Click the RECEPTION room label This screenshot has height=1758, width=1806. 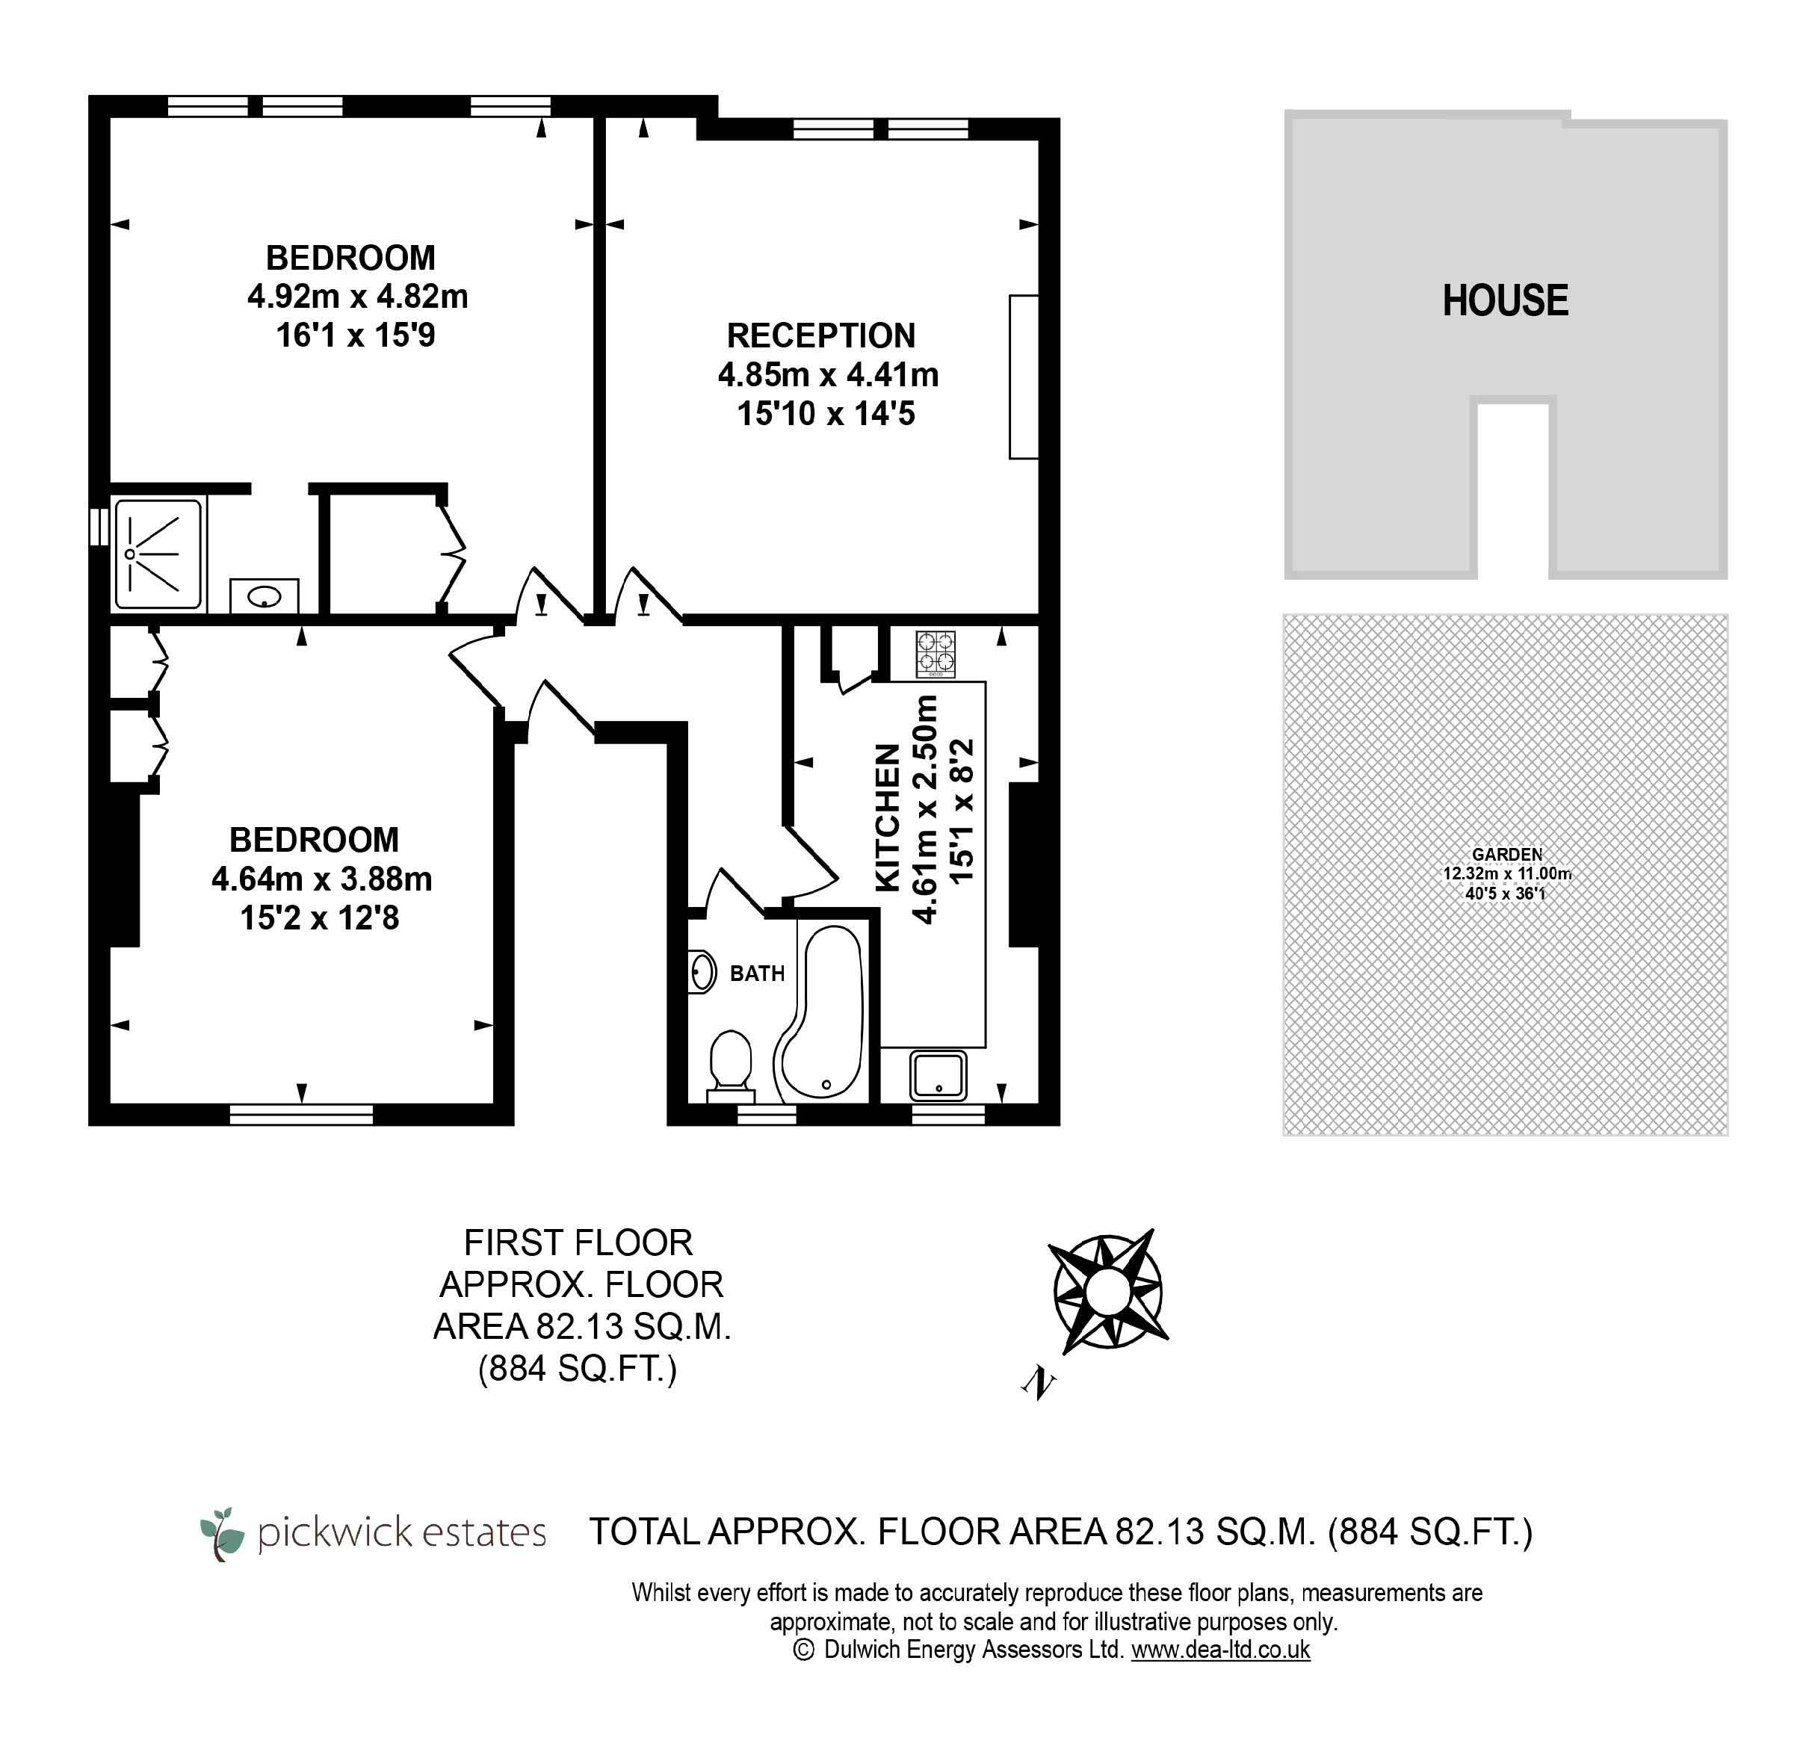[821, 335]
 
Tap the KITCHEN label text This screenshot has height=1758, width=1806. [887, 818]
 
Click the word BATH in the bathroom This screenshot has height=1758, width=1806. [757, 974]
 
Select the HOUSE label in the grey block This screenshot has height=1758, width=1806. [1505, 301]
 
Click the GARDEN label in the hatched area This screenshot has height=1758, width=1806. [1507, 855]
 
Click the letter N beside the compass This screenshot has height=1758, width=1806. [1039, 1382]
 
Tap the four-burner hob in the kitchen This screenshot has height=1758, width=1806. [936, 654]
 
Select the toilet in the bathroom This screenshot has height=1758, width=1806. [730, 1066]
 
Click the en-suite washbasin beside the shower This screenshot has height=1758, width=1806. [264, 595]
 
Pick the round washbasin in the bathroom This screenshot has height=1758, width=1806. [702, 974]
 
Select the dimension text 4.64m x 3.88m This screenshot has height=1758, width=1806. [321, 879]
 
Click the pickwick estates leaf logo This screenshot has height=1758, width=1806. [223, 1534]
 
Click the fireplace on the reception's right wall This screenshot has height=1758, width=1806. [1023, 377]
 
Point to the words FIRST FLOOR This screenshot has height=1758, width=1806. [578, 1242]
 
